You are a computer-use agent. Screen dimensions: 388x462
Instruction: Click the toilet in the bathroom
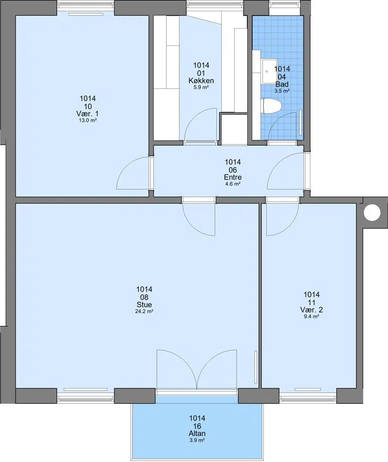(x=271, y=106)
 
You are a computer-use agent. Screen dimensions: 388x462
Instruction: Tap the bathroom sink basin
(x=269, y=71)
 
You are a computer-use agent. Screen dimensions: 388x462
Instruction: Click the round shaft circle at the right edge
(x=372, y=213)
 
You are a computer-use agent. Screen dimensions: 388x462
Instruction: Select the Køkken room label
(x=201, y=81)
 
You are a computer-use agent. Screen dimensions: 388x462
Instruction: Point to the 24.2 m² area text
(x=144, y=311)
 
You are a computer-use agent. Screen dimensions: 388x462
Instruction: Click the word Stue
(x=144, y=304)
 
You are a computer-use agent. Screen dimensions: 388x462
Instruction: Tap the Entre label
(x=233, y=177)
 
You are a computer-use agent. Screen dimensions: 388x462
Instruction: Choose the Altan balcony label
(x=197, y=433)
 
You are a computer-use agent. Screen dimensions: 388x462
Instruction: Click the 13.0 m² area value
(x=88, y=120)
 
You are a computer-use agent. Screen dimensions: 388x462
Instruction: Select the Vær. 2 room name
(x=311, y=310)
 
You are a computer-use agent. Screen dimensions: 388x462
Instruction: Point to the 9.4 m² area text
(x=311, y=316)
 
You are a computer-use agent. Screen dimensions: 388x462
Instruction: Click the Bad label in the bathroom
(x=282, y=84)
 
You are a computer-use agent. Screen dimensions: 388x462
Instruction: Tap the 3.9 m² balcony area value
(x=197, y=440)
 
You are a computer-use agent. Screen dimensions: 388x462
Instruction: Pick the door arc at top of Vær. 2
(x=290, y=226)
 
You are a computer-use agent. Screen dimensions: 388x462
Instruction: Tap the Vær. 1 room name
(x=88, y=114)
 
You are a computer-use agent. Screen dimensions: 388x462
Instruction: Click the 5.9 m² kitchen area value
(x=201, y=87)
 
